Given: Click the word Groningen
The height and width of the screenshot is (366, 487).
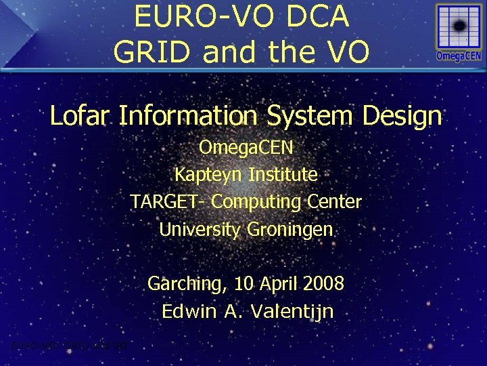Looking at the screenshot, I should pyautogui.click(x=290, y=230).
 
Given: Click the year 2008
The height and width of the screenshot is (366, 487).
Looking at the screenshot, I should pyautogui.click(x=323, y=284).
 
